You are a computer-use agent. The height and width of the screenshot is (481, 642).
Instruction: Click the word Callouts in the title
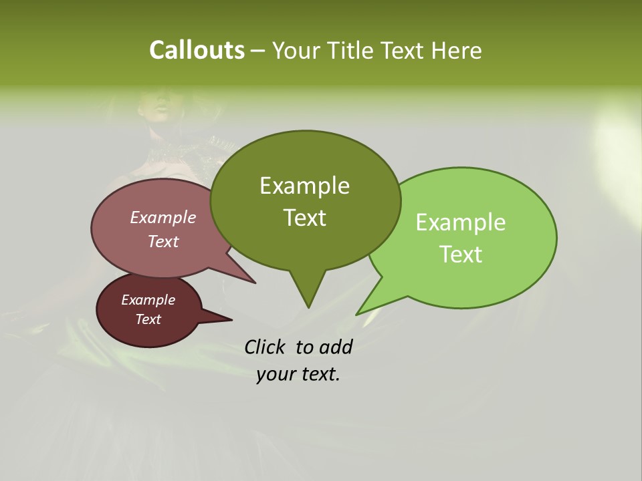[197, 50]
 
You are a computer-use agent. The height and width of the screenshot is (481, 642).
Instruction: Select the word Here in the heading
[456, 51]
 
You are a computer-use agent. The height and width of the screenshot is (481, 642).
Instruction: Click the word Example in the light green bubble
[461, 222]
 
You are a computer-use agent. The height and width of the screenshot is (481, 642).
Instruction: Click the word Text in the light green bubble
[461, 255]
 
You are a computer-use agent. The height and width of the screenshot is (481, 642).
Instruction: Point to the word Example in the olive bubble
[304, 186]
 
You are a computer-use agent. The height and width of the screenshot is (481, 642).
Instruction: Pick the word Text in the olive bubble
[305, 218]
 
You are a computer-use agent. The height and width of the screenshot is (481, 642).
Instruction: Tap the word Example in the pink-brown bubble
[163, 218]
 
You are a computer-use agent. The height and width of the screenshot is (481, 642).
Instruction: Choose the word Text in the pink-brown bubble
[163, 242]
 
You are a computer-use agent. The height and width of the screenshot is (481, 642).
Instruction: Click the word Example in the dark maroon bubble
[148, 300]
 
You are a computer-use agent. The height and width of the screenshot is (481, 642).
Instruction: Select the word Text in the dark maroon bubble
[148, 319]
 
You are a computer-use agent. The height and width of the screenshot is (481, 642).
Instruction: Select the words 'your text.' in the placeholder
[298, 374]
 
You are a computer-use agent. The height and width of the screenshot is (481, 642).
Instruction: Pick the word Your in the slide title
[295, 51]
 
